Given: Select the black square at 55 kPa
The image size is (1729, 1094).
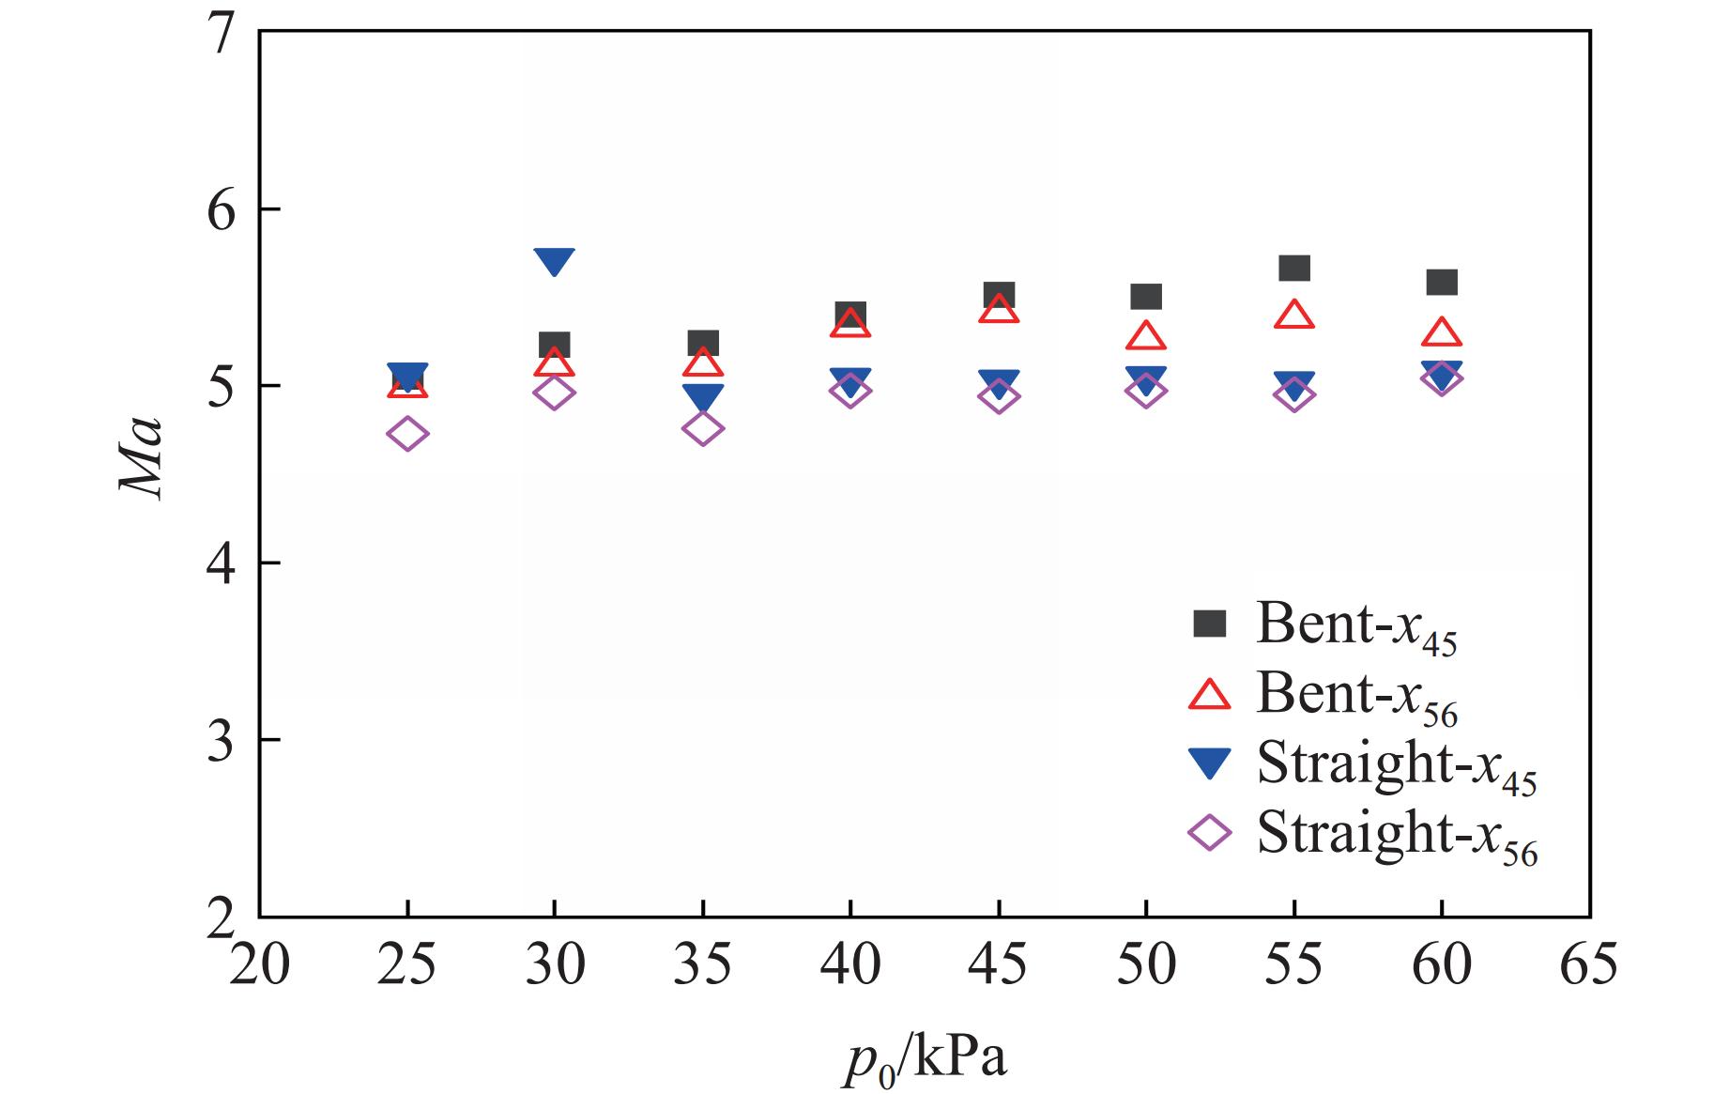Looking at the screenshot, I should click(1294, 269).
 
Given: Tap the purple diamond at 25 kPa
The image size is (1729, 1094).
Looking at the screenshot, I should click(406, 434).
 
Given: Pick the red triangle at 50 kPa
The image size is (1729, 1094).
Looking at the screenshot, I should click(1145, 336).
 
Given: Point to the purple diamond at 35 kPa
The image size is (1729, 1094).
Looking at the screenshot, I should click(703, 429).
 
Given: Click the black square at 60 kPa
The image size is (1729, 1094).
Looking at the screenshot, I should click(1442, 282).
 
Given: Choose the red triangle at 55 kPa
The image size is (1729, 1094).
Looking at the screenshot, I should click(1294, 315).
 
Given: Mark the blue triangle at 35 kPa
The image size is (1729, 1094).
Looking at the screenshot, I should click(703, 396).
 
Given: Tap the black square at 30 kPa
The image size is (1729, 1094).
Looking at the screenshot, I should click(554, 346).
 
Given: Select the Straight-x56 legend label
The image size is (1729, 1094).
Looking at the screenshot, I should click(1397, 835).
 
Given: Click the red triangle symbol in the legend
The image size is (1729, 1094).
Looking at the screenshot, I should click(1209, 694).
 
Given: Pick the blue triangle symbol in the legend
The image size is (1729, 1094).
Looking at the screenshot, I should click(1209, 763).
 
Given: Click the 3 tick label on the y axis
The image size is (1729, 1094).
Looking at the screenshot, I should click(220, 741).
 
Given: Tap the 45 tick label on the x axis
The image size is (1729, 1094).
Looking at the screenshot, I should click(998, 965).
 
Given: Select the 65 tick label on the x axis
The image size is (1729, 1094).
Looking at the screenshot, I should click(1588, 965).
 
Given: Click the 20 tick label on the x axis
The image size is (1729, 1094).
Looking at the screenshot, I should click(259, 965).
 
